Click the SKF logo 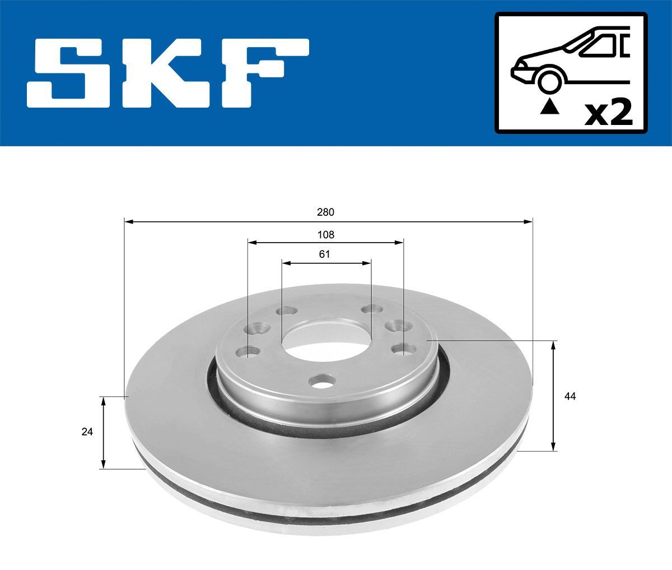(168, 73)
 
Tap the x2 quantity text (608, 112)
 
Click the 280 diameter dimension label (325, 212)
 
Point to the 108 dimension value (325, 234)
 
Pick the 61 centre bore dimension (325, 254)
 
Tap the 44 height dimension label (570, 397)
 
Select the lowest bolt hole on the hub (321, 382)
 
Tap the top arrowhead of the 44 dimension (554, 344)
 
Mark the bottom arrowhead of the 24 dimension (103, 465)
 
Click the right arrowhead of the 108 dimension (399, 243)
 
